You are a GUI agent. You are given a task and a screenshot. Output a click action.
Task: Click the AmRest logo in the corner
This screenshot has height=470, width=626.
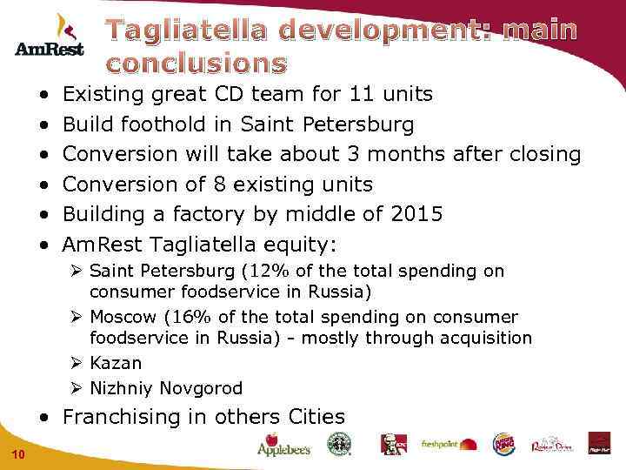click(50, 36)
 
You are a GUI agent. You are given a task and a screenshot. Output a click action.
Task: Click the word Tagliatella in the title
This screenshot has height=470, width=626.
click(194, 30)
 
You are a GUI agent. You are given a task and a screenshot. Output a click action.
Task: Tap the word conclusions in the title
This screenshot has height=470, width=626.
click(196, 64)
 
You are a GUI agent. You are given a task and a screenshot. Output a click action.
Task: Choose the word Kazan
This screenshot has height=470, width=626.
click(116, 363)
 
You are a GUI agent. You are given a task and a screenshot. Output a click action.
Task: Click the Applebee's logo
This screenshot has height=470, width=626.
click(283, 445)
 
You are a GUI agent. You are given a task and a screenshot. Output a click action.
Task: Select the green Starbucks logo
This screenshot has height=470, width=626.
click(336, 444)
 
